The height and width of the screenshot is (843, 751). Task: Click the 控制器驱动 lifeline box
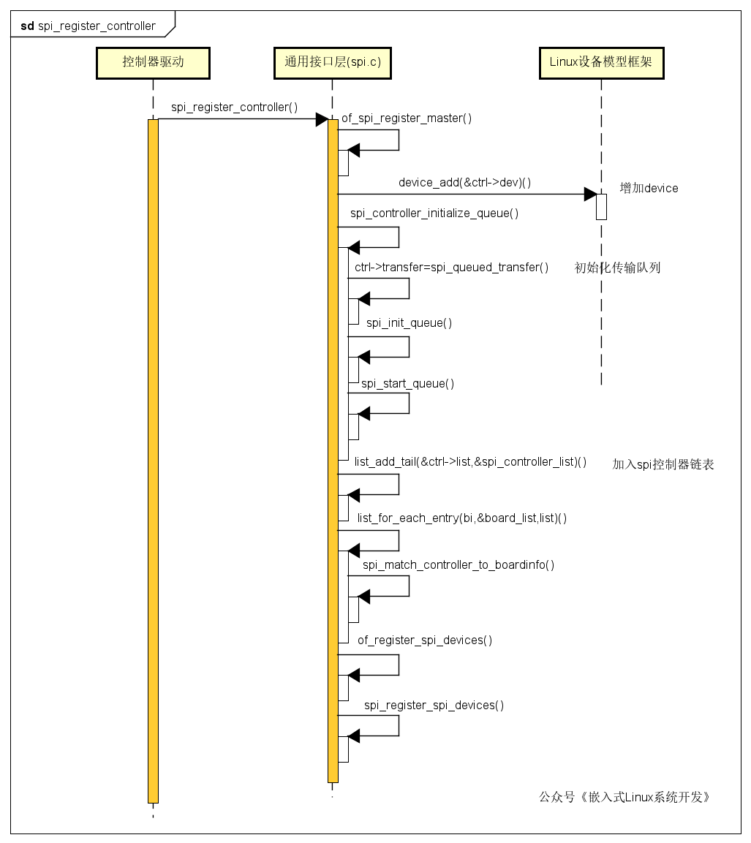pos(153,63)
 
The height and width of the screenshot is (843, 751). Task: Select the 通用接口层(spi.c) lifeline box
pos(332,63)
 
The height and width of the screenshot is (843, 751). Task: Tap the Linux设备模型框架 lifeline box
pos(601,63)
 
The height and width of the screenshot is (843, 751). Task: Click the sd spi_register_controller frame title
pos(88,26)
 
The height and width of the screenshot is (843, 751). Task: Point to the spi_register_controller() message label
pos(235,107)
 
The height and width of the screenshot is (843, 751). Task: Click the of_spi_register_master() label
pos(407,118)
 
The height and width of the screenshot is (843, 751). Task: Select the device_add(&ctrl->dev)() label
pos(464,183)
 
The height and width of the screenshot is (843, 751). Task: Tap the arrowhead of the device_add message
pos(590,194)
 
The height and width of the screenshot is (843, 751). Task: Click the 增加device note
pos(649,188)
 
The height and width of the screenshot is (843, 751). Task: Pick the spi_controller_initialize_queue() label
pos(434,213)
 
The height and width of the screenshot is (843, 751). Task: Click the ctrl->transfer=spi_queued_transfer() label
pos(452,267)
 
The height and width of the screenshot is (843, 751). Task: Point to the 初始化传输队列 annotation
pos(617,268)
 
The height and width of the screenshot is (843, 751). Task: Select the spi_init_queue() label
pos(409,322)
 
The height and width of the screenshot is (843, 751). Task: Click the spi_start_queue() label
pos(407,383)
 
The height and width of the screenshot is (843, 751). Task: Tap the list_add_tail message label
pos(470,462)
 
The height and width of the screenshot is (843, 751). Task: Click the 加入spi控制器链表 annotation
pos(663,464)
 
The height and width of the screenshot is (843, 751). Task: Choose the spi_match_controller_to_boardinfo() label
pos(458,565)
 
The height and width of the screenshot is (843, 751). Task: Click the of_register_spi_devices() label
pos(425,640)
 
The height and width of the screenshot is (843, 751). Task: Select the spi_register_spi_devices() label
pos(434,706)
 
